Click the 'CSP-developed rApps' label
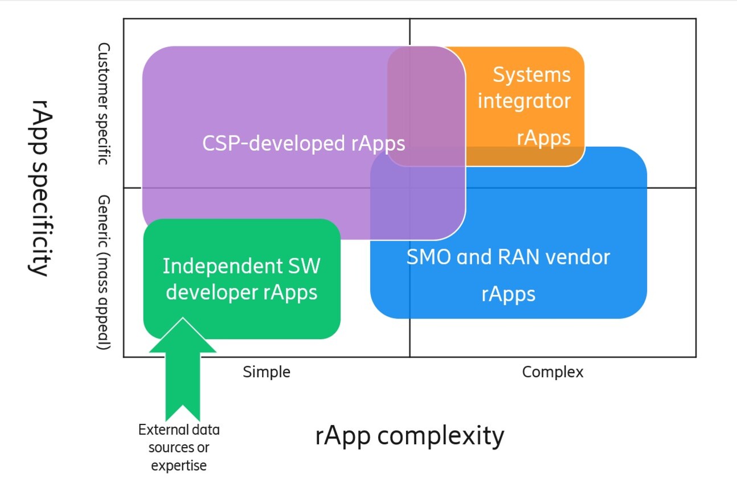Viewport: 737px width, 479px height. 304,143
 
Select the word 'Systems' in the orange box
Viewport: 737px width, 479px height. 531,75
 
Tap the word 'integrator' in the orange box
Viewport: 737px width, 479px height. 523,101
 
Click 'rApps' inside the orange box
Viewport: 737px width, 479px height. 543,138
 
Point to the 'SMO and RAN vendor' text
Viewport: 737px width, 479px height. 507,257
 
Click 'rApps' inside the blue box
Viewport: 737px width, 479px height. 508,294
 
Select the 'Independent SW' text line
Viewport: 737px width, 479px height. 241,266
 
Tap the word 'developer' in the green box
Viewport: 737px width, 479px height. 213,292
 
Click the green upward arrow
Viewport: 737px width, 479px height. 182,370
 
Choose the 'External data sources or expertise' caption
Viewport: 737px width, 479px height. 179,447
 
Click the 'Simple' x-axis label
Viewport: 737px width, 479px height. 266,372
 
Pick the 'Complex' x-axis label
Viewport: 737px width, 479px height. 552,372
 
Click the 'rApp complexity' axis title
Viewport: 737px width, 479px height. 410,436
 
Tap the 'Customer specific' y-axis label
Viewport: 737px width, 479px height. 103,104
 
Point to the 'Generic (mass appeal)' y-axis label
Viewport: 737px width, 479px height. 103,272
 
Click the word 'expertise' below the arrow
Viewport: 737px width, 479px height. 179,465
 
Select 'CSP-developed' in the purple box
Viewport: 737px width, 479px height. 274,143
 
